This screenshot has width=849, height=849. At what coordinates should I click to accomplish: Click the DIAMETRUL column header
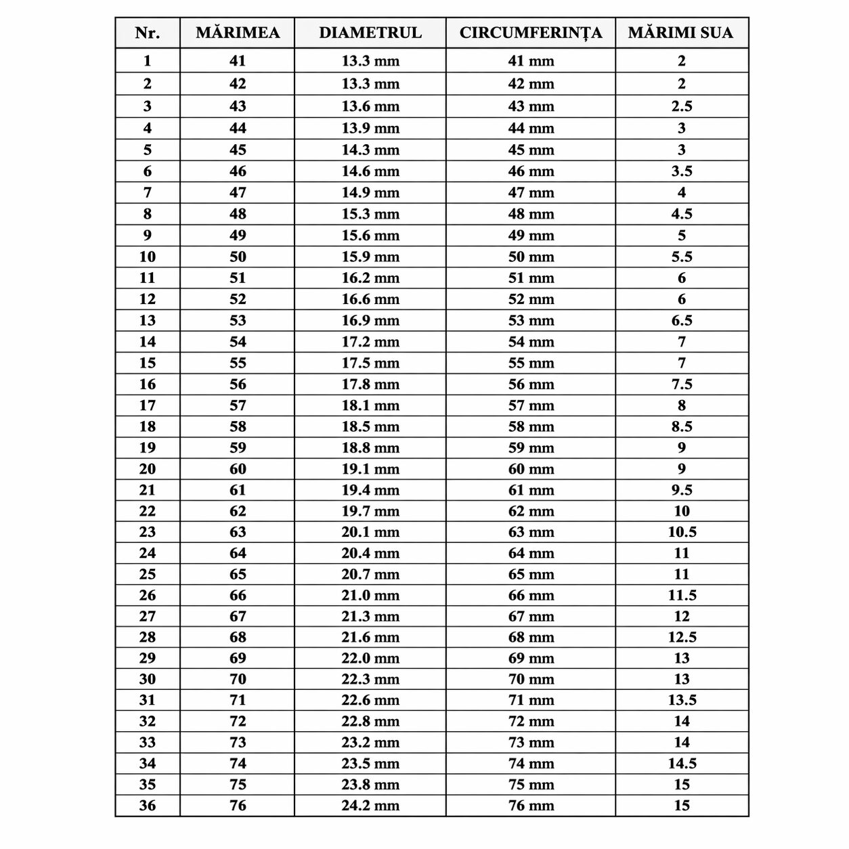tap(370, 32)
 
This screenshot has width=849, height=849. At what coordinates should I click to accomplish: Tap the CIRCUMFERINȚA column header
tap(530, 32)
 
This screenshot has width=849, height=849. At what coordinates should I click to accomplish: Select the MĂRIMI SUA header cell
tap(680, 32)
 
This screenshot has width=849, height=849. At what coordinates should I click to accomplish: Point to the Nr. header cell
tap(147, 32)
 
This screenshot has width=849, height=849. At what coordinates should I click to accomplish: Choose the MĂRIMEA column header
tap(237, 32)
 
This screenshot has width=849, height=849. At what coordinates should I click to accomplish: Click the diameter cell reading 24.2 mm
tap(370, 806)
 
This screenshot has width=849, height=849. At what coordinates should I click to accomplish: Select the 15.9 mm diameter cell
tap(370, 257)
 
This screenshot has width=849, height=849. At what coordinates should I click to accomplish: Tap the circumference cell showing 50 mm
tap(530, 257)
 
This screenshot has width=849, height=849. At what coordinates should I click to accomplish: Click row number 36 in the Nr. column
tap(147, 806)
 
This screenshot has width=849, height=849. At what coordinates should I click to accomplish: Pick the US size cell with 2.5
tap(681, 106)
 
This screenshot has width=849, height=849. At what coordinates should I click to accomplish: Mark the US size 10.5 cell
tap(681, 532)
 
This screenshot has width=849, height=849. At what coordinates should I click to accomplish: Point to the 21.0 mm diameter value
tap(370, 595)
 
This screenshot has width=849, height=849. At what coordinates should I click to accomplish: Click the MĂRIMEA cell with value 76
tap(237, 806)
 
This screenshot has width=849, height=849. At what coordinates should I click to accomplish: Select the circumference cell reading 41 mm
tap(530, 61)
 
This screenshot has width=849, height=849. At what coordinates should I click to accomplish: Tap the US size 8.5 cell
tap(681, 427)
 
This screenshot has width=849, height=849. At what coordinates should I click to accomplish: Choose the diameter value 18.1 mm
tap(370, 406)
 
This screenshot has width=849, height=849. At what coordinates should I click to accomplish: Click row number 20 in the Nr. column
tap(147, 469)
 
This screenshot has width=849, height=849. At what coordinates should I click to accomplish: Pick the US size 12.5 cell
tap(681, 637)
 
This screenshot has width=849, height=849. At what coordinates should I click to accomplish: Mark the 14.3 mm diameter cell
tap(370, 150)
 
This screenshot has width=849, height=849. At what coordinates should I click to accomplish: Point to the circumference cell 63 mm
tap(530, 532)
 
